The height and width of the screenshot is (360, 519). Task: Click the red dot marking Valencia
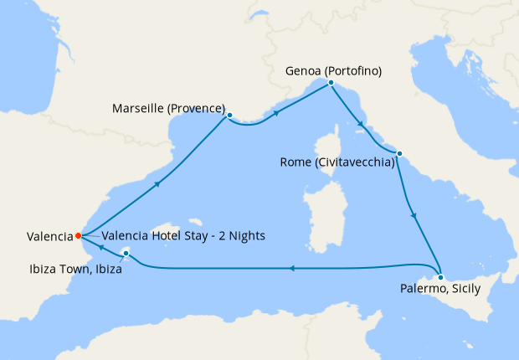coord(78,235)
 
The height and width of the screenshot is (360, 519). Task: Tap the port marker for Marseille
coord(229,116)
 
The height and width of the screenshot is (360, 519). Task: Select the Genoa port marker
coord(331,83)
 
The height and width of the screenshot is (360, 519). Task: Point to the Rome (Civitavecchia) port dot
coord(399,153)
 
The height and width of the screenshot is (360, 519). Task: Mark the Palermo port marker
coord(440,276)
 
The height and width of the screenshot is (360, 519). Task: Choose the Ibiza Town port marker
coord(126,252)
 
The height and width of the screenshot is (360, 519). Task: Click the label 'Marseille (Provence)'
coord(169,109)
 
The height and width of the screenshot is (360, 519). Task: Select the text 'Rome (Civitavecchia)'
coord(337,162)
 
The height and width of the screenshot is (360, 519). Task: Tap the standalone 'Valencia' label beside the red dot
coord(37,237)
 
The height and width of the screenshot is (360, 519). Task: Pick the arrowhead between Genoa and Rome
coord(361,125)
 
